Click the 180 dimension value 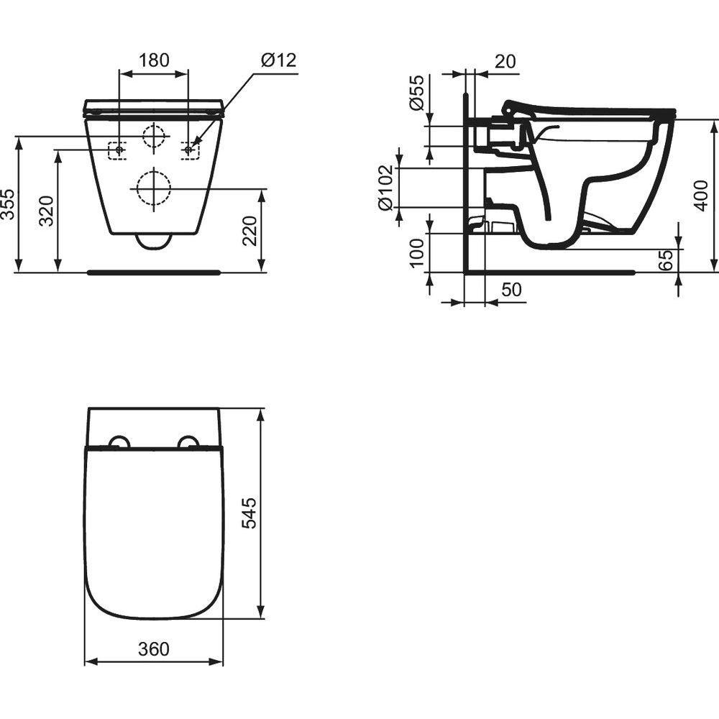pos(154,60)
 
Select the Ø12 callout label pos(279,60)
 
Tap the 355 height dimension pos(8,204)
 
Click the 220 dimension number pos(250,231)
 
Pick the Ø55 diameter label pos(416,92)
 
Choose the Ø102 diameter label pos(385,188)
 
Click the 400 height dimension pos(701,196)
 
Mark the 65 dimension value pos(665,260)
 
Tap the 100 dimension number pos(416,252)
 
